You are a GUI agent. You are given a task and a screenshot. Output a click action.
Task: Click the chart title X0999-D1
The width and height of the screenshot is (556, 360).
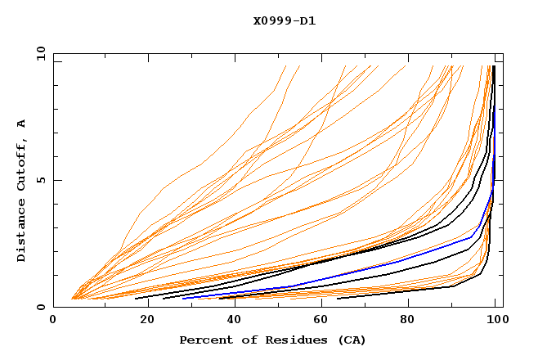pyautogui.click(x=285, y=21)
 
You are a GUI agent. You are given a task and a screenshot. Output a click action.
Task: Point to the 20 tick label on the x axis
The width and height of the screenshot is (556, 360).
pyautogui.click(x=149, y=322)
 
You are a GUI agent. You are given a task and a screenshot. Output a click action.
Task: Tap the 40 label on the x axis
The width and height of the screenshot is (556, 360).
pyautogui.click(x=237, y=322)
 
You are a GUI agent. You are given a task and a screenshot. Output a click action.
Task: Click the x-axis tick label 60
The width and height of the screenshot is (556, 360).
pyautogui.click(x=325, y=322)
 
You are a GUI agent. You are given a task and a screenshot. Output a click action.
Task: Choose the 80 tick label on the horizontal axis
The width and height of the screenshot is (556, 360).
pyautogui.click(x=414, y=322)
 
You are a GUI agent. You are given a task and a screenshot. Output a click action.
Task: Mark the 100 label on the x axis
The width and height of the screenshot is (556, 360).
pyautogui.click(x=496, y=322)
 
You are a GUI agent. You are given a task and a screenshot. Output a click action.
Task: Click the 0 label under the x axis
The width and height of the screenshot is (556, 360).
pyautogui.click(x=54, y=322)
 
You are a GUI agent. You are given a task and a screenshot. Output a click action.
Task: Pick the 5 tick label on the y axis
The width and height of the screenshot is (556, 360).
pyautogui.click(x=42, y=180)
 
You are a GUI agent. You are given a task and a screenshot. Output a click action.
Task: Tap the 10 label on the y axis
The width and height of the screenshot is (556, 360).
pyautogui.click(x=39, y=53)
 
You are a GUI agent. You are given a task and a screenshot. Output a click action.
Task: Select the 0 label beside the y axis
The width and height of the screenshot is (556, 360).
pyautogui.click(x=42, y=307)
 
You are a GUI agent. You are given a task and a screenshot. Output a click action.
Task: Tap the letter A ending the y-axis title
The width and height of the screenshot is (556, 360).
pyautogui.click(x=22, y=124)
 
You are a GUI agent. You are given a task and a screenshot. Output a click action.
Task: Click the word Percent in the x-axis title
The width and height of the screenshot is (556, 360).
pyautogui.click(x=202, y=340)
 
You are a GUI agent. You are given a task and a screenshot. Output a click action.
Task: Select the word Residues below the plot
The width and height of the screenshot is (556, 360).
pyautogui.click(x=288, y=340)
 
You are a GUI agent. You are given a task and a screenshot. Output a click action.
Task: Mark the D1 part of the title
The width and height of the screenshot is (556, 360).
pyautogui.click(x=307, y=21)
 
